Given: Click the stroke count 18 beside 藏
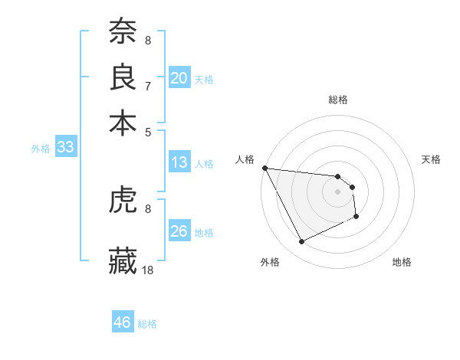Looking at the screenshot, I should [x=148, y=270].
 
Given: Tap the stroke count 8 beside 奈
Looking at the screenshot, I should [x=148, y=40].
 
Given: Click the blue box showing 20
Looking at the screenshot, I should [x=179, y=77].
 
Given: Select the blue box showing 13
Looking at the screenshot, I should [x=179, y=162].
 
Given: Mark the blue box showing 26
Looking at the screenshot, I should [x=179, y=231].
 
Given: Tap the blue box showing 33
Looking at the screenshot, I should [x=64, y=148].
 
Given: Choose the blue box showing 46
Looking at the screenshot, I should [x=123, y=322].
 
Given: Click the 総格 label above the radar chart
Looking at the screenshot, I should [x=337, y=100].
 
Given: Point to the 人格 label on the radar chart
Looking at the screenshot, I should [x=246, y=159].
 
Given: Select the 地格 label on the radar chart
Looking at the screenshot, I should [x=402, y=262].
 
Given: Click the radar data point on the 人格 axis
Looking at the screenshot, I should [x=264, y=168].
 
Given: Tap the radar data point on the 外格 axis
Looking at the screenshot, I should [x=301, y=242].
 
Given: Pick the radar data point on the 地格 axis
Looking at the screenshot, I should [x=356, y=218].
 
